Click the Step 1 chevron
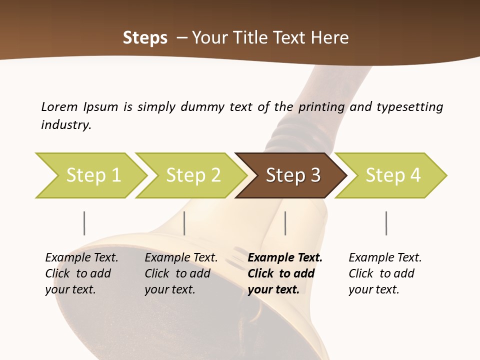pyautogui.click(x=92, y=175)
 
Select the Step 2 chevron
pyautogui.click(x=192, y=175)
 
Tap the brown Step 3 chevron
pyautogui.click(x=292, y=175)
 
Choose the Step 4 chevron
pyautogui.click(x=392, y=175)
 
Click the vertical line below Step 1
pyautogui.click(x=84, y=223)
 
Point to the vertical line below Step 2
pyautogui.click(x=184, y=223)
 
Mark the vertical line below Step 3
pyautogui.click(x=285, y=223)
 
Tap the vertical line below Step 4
pyautogui.click(x=386, y=223)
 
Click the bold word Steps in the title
pyautogui.click(x=145, y=38)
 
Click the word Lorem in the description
pyautogui.click(x=59, y=106)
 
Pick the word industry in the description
pyautogui.click(x=66, y=124)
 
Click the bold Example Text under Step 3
pyautogui.click(x=285, y=257)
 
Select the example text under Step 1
pyautogui.click(x=81, y=273)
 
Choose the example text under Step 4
pyautogui.click(x=385, y=273)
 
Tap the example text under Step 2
pyautogui.click(x=181, y=273)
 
